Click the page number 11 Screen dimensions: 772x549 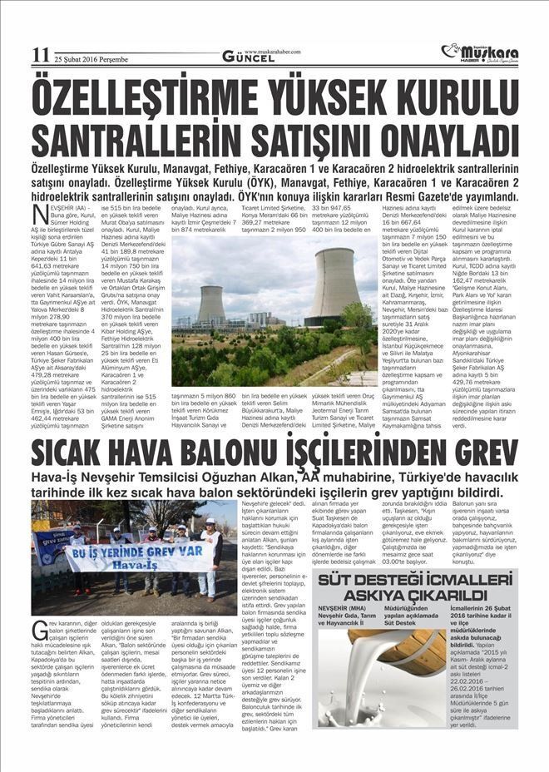click(x=39, y=57)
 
